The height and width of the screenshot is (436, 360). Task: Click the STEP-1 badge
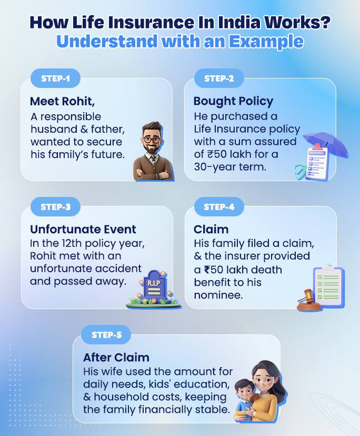56,79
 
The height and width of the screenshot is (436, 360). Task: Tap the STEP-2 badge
218,79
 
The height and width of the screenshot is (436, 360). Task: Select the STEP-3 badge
56,207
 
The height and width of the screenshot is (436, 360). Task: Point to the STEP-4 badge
219,207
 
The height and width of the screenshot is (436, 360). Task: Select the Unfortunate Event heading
83,229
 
